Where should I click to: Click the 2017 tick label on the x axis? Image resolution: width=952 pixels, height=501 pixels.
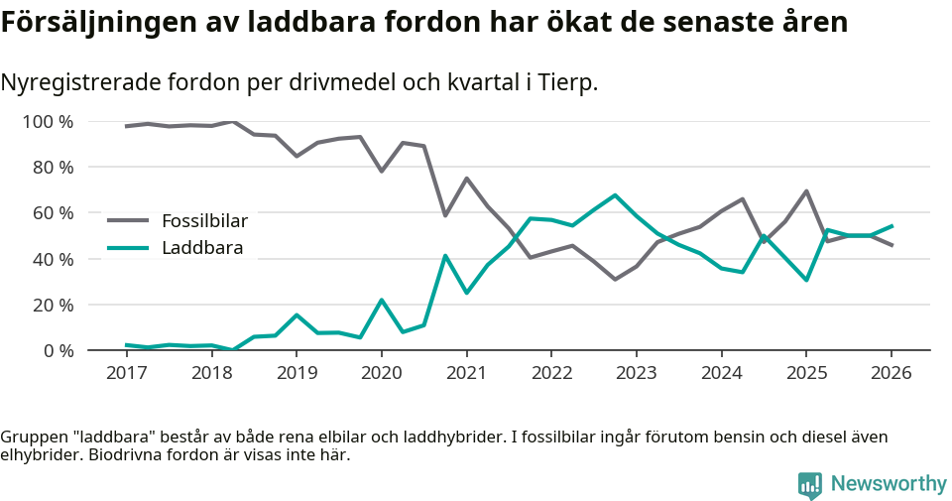(126, 373)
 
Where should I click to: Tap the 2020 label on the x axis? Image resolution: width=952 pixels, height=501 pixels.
(381, 373)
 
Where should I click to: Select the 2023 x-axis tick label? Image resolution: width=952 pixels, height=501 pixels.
(636, 373)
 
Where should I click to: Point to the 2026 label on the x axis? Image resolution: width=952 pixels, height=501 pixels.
(891, 373)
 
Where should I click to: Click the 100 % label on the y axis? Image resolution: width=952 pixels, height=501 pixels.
(48, 122)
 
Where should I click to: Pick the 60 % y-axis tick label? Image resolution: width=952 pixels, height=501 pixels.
(53, 213)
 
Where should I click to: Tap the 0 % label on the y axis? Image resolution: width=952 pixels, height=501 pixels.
(57, 350)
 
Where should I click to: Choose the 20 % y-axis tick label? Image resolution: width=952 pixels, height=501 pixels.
(53, 305)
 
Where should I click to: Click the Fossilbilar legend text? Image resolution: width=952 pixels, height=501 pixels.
(204, 220)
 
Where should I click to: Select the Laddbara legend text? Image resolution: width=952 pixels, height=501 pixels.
(202, 248)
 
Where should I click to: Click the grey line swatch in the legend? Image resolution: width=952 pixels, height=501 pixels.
(128, 220)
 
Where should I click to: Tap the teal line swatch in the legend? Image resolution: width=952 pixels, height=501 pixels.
(128, 248)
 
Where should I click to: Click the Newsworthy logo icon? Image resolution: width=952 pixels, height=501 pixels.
(809, 484)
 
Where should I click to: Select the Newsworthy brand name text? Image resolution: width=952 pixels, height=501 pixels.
(889, 484)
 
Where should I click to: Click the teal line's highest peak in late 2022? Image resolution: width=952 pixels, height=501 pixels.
(615, 195)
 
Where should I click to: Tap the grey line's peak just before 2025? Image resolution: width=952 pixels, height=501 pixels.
(806, 191)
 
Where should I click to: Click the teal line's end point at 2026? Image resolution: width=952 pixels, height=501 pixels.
(892, 226)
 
